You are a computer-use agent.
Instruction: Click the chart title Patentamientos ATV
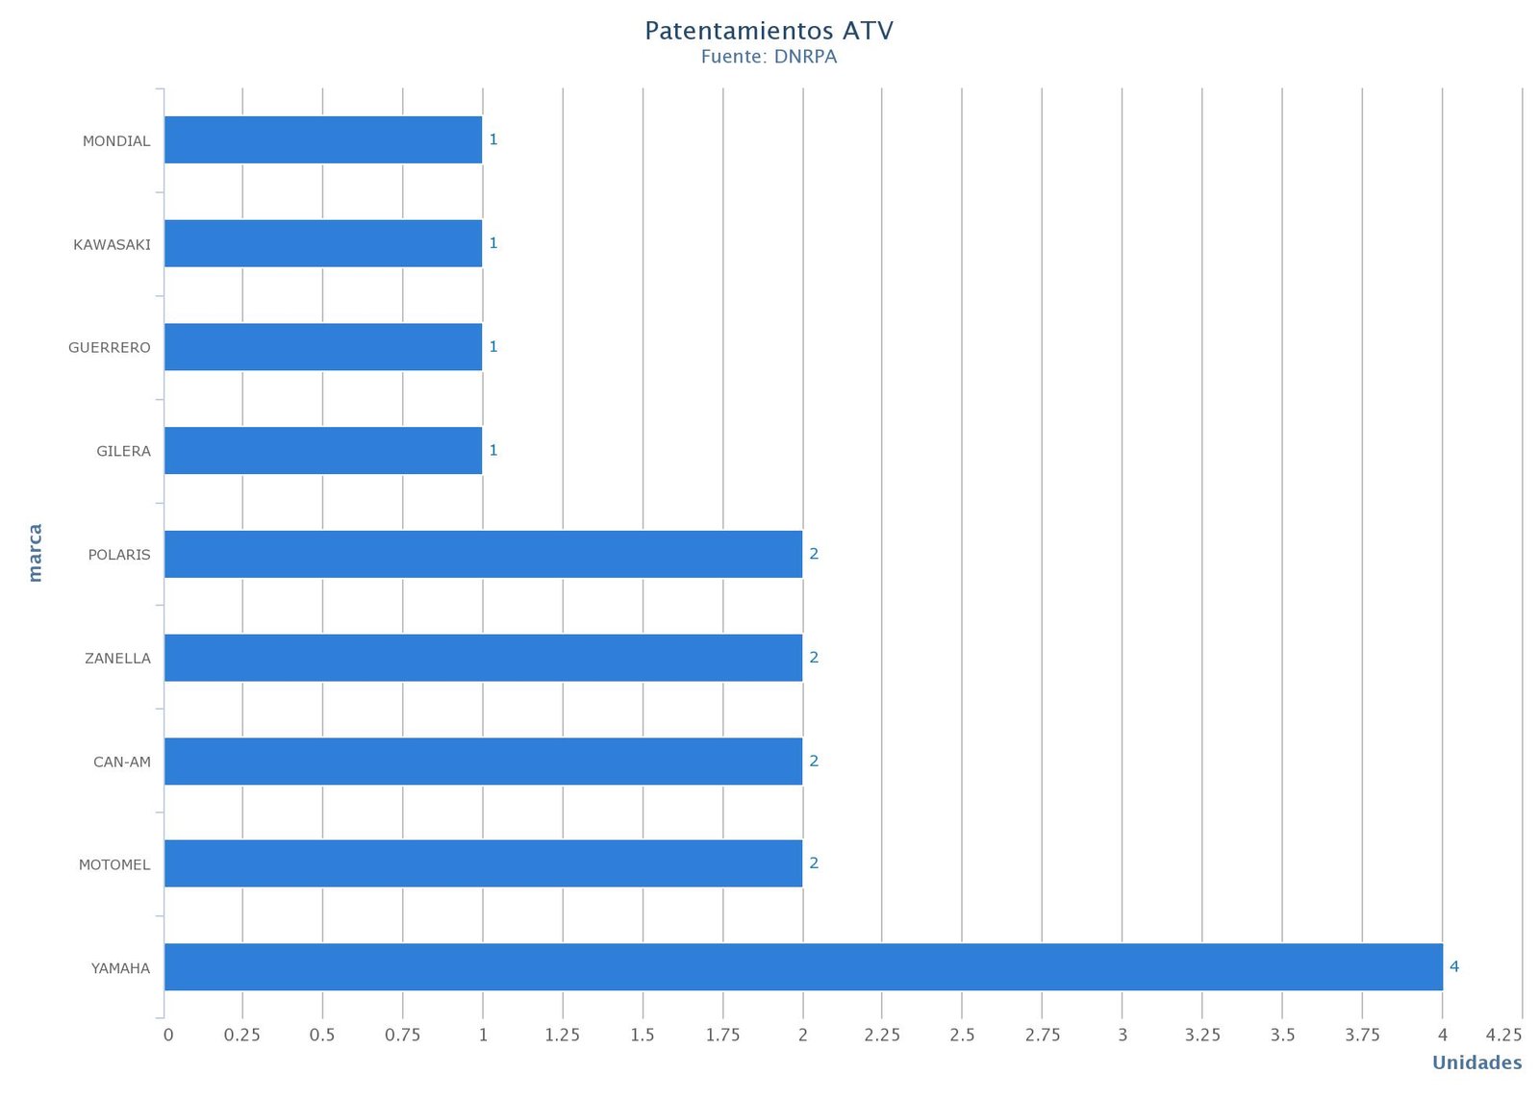(769, 31)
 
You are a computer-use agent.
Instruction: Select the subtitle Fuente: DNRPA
(769, 57)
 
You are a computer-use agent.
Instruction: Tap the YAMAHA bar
(803, 966)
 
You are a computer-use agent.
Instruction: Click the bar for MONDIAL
(323, 139)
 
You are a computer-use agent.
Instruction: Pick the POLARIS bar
(483, 554)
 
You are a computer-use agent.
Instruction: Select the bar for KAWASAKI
(323, 243)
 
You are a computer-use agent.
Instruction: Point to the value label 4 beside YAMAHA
(1454, 966)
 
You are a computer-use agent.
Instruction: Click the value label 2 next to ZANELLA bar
(814, 658)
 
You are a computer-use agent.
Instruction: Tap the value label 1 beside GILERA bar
(493, 450)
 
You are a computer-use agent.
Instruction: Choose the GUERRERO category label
(110, 347)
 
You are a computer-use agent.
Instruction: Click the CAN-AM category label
(122, 762)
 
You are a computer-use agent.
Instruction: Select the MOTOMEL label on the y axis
(114, 864)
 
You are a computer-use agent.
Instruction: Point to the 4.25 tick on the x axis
(1503, 1035)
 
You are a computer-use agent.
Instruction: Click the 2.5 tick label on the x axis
(962, 1035)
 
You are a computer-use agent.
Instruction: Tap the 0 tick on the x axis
(168, 1035)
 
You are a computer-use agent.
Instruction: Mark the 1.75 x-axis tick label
(722, 1035)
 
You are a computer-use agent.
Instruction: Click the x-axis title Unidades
(1476, 1062)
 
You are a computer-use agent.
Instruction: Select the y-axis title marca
(35, 553)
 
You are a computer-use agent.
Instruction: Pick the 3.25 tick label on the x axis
(1202, 1035)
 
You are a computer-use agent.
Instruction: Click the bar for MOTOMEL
(483, 863)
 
